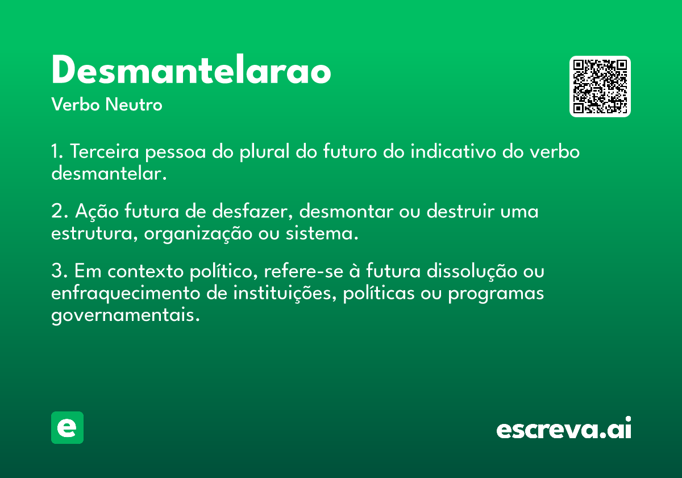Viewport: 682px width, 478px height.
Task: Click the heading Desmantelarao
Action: coord(191,69)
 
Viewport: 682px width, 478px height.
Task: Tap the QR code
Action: coord(600,86)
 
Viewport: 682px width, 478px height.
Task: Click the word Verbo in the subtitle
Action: coord(76,104)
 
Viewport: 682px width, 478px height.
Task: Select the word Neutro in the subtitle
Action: coord(134,104)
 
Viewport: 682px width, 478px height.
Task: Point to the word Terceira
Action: coord(105,151)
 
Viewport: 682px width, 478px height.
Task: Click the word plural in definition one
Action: coord(265,152)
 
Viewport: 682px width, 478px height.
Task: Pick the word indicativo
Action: coord(454,151)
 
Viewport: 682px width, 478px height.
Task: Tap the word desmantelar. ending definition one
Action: coord(109,173)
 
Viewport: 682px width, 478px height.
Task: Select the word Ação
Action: coord(97,211)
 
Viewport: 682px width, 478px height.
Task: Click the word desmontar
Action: coord(346,211)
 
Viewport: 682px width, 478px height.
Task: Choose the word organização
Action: coord(198,234)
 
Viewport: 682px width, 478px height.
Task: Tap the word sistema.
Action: coord(322,233)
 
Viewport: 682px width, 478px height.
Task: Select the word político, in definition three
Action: coord(224,271)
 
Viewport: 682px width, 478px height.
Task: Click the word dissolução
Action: coord(472,271)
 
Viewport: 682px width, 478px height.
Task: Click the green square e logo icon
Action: coord(67,427)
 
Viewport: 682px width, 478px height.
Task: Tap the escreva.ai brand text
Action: coord(564,427)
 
